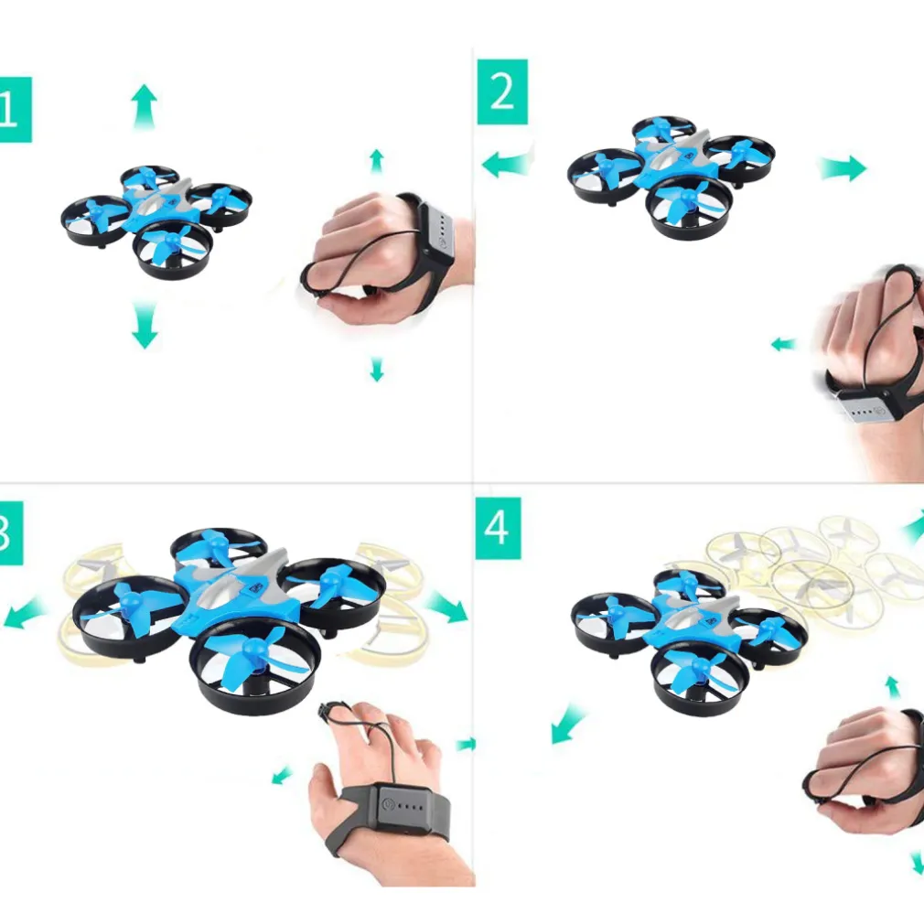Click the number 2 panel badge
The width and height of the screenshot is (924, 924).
[x=502, y=91]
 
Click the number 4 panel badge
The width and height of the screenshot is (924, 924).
[x=497, y=528]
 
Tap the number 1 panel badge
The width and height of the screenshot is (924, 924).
[x=14, y=109]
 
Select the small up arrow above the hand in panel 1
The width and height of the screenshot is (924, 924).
[x=376, y=161]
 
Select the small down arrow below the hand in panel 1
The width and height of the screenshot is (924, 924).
[x=376, y=369]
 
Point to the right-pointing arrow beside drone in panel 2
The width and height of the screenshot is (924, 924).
[x=843, y=167]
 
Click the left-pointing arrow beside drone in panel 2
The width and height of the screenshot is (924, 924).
[x=506, y=165]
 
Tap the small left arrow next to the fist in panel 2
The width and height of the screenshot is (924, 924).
[x=783, y=345]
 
